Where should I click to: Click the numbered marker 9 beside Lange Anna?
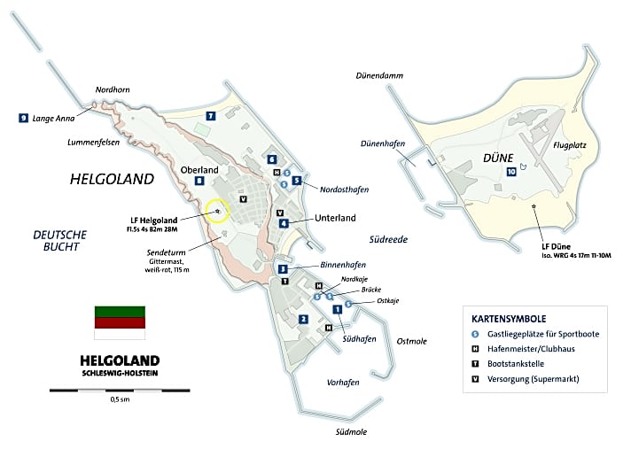click(23, 117)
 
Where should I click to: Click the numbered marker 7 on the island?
click(210, 116)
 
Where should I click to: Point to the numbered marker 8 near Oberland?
click(200, 181)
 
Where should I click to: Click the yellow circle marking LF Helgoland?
click(217, 211)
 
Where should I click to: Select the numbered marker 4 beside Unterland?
click(284, 223)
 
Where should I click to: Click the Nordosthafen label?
click(344, 190)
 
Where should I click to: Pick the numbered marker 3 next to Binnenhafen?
click(283, 269)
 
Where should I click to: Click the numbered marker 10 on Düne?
click(511, 171)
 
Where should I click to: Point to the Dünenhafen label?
click(383, 143)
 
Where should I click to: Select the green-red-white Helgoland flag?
click(120, 322)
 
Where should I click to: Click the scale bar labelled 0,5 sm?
click(120, 390)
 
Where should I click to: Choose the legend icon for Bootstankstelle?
click(475, 363)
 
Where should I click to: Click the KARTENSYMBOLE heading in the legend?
click(508, 318)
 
